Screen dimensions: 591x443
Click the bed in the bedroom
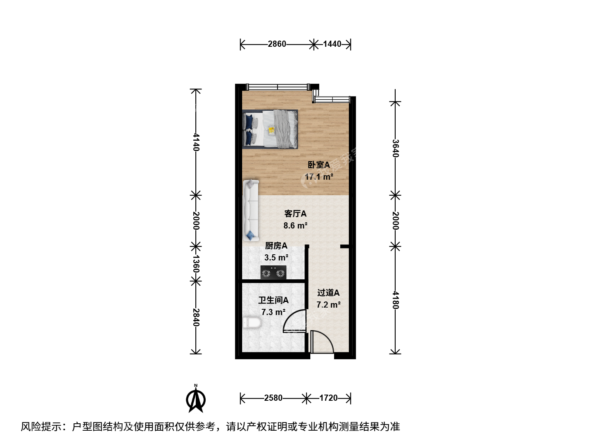pos(270,129)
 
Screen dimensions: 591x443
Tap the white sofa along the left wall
pos(251,210)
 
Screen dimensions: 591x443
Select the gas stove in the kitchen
pos(273,272)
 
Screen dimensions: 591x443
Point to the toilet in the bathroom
pos(252,323)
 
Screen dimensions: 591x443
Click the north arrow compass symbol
pos(196,399)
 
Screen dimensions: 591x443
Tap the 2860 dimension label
pos(277,44)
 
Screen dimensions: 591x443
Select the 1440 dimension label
pos(332,44)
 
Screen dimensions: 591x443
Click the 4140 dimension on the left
pos(196,142)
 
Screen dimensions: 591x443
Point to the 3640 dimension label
pos(395,148)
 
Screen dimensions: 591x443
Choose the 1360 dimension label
pos(196,264)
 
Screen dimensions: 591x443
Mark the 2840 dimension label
pos(196,317)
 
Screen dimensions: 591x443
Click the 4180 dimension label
pos(395,300)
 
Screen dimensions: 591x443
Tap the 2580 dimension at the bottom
pos(273,398)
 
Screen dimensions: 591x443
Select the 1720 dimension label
pos(328,398)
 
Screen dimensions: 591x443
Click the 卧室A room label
pos(319,164)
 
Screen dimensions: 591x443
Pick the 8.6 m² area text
pos(295,226)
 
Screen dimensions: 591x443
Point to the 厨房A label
pos(276,246)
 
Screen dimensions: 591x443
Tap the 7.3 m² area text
pos(273,312)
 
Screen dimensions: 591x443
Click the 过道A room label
pos(328,292)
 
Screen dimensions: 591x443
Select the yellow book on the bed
pos(271,131)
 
